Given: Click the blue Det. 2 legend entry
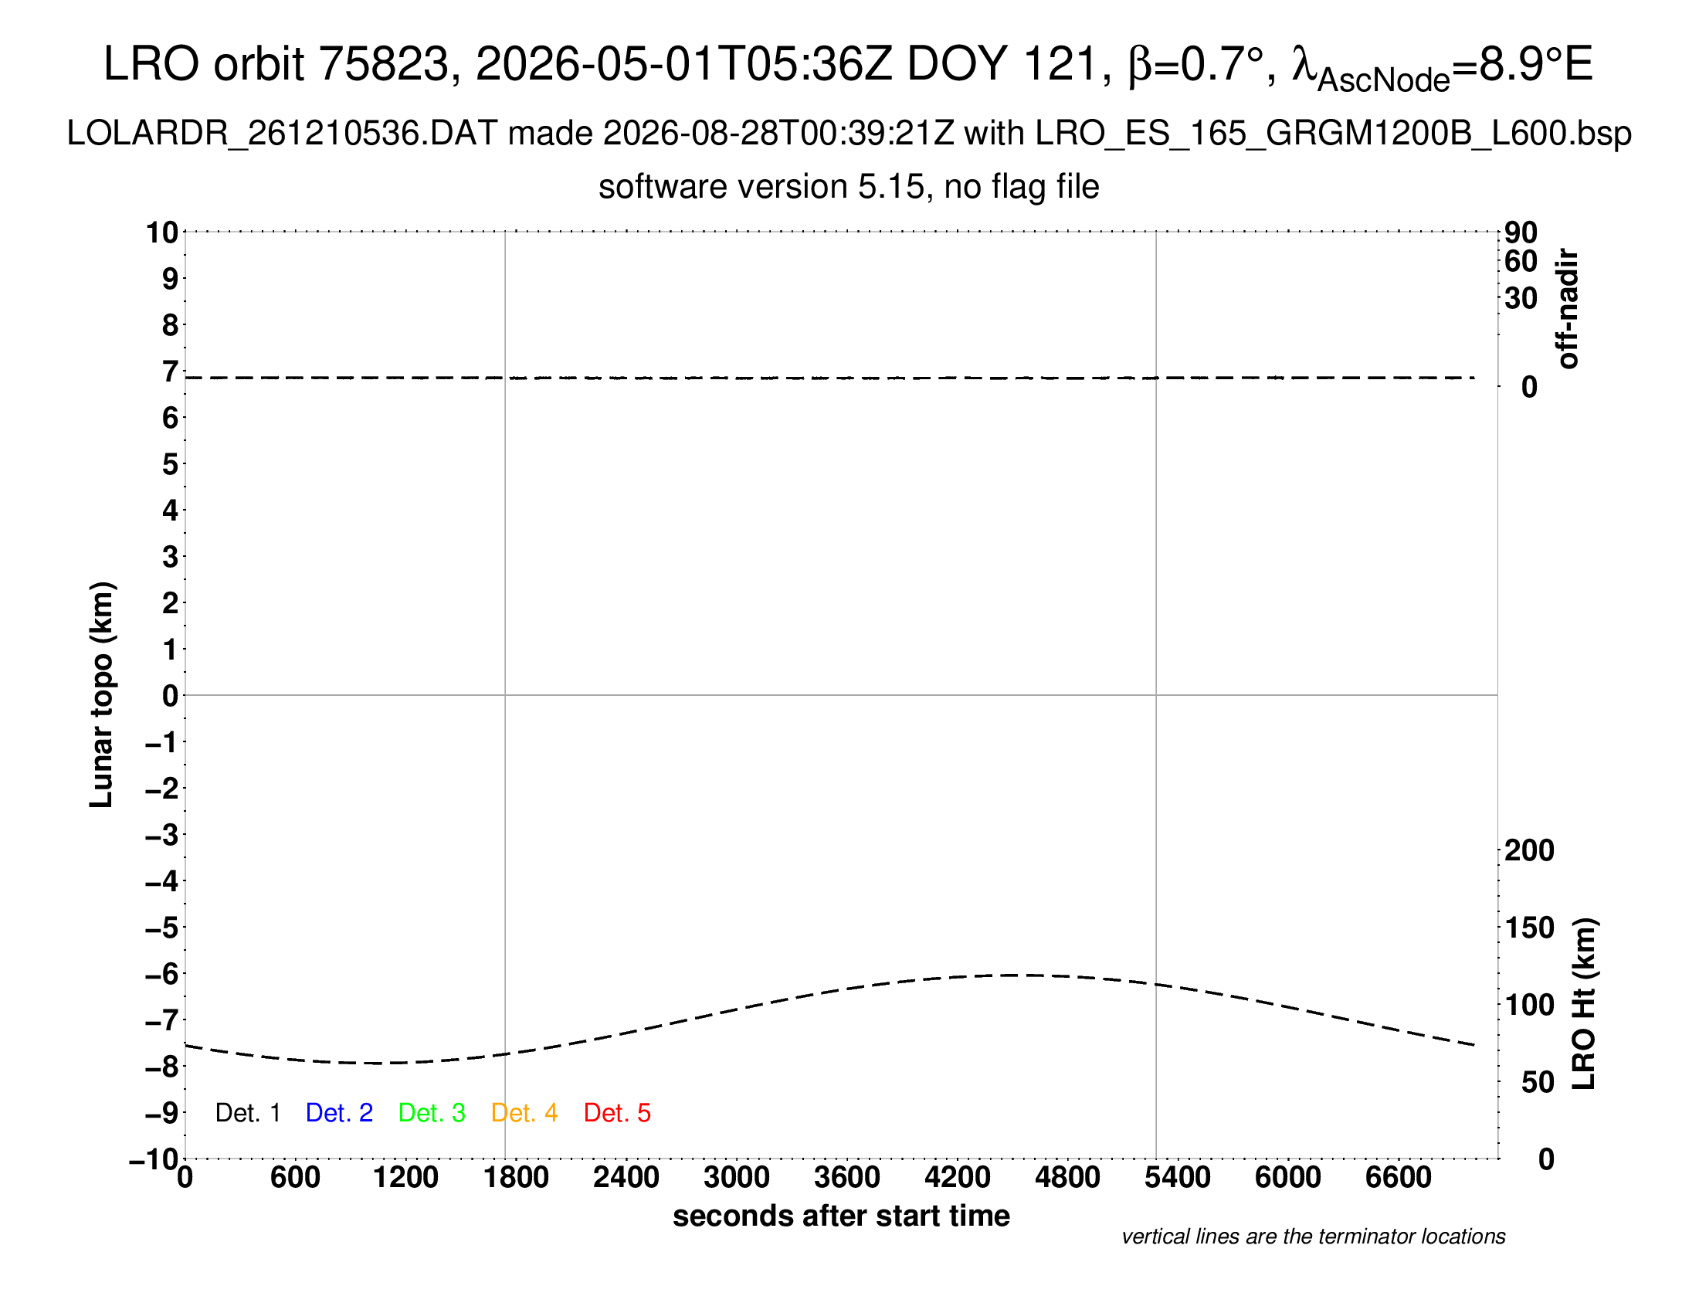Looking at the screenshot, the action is (339, 1113).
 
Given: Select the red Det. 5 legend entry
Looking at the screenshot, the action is (617, 1113).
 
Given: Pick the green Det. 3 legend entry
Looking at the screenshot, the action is (432, 1113).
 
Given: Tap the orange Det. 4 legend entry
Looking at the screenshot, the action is (524, 1113).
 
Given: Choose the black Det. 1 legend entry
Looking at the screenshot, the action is (247, 1113).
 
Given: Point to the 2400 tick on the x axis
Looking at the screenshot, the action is (626, 1178).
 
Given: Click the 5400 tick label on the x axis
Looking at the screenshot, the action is (1178, 1178).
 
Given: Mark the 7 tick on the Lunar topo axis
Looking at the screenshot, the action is (171, 372).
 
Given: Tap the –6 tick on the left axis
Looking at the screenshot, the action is (162, 974).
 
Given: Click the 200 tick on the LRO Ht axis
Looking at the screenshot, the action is (1529, 850).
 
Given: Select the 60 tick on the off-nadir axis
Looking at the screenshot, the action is (1521, 261).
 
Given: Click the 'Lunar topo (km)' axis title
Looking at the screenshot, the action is (102, 694).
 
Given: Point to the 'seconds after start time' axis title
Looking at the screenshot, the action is (841, 1216).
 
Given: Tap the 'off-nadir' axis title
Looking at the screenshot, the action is (1568, 309).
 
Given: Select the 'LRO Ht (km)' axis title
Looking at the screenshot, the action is (1583, 1004).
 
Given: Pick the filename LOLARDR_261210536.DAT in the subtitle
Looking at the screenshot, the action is (282, 134).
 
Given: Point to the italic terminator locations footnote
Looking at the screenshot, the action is (1313, 1237).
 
